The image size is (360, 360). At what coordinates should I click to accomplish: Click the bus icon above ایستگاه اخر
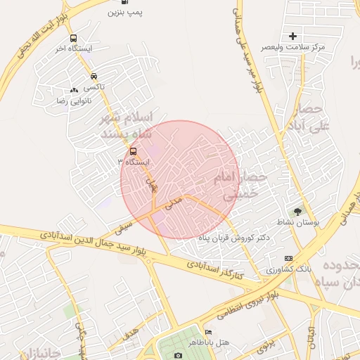coord(75,39)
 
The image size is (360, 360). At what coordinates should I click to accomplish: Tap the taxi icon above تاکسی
coord(94,77)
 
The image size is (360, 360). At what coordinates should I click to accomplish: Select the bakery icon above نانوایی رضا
coord(74,90)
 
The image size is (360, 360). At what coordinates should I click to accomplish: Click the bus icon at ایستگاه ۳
coord(133,151)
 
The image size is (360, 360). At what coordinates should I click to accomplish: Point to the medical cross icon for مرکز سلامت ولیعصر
coord(293,36)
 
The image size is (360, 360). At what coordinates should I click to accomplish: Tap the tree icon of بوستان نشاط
coord(297,211)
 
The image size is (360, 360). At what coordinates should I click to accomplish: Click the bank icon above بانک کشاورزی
coord(288,259)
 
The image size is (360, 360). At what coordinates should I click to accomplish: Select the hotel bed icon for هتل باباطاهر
coord(207,333)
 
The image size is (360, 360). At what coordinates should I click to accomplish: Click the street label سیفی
coord(124,226)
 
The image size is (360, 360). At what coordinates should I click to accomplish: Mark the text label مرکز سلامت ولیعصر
coord(293,46)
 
